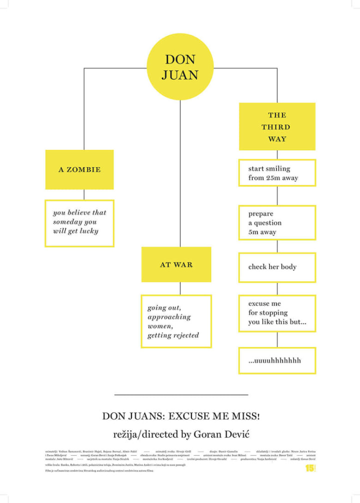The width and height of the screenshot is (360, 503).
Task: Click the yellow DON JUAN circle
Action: point(180,67)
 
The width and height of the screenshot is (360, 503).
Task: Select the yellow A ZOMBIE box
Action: point(79,169)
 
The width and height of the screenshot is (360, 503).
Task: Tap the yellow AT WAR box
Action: point(176,264)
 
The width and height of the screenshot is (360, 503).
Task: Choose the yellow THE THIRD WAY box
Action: point(277,126)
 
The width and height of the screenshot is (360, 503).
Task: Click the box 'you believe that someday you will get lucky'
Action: point(79,222)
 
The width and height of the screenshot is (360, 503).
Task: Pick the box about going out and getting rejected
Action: point(176,321)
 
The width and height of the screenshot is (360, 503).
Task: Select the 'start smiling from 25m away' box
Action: point(277,173)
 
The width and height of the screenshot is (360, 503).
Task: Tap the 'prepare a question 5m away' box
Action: point(277,223)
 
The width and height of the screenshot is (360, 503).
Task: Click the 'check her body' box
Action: point(277,267)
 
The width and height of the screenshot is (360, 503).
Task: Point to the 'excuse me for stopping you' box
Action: point(277,313)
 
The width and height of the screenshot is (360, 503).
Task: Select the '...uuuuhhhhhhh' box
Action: point(277,360)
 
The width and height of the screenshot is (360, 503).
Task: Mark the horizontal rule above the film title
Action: point(180,395)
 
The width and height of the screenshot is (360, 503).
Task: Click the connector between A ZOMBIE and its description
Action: point(84,194)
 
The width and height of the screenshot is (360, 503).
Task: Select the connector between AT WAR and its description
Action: point(180,288)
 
